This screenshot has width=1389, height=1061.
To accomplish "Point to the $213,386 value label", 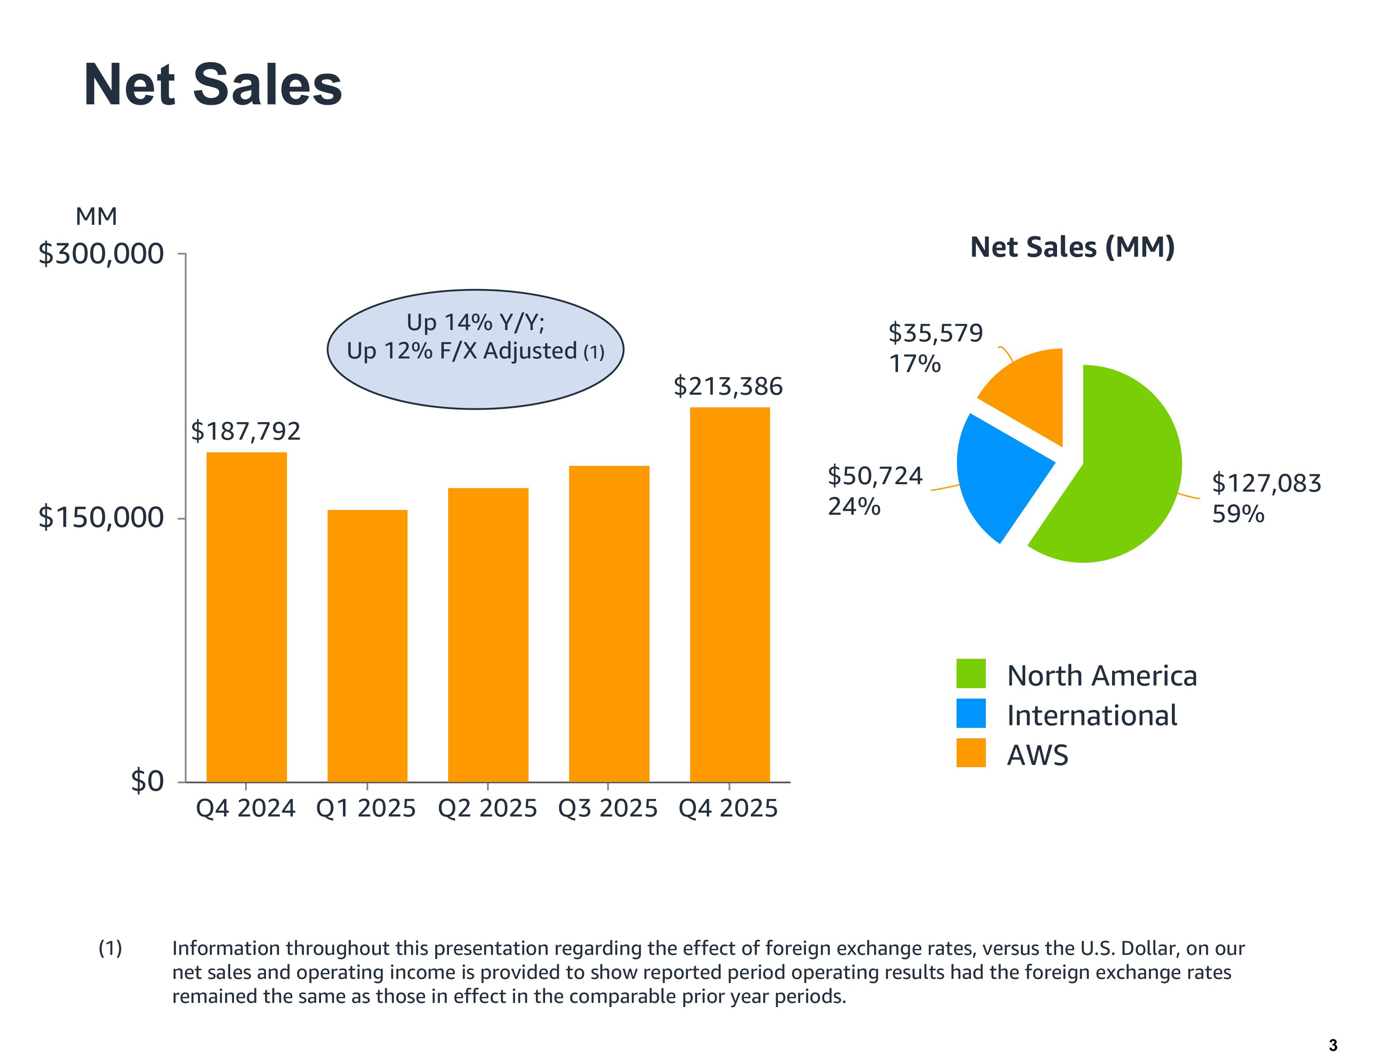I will pyautogui.click(x=728, y=386).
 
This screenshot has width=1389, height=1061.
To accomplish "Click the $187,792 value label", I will pyautogui.click(x=246, y=431).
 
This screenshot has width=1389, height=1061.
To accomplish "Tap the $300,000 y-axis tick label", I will pyautogui.click(x=101, y=254).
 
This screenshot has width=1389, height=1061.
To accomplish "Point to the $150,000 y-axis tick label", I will pyautogui.click(x=101, y=517).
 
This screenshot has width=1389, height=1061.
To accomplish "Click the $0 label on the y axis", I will pyautogui.click(x=147, y=781).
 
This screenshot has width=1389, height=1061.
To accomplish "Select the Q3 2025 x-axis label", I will pyautogui.click(x=608, y=808).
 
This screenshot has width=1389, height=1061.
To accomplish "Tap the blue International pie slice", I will pyautogui.click(x=998, y=474).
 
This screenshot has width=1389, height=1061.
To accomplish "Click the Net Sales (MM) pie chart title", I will pyautogui.click(x=1072, y=247).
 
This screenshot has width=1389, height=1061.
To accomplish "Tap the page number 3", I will pyautogui.click(x=1333, y=1045).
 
